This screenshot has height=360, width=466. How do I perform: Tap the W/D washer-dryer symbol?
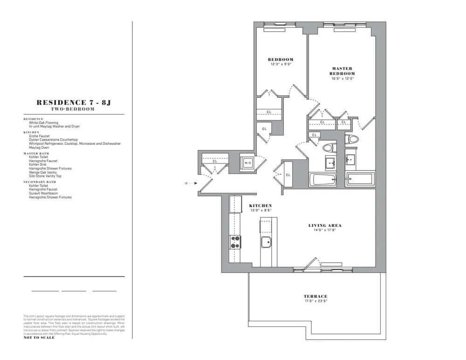(x=248, y=163)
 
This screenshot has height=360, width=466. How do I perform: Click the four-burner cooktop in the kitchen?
(x=235, y=242)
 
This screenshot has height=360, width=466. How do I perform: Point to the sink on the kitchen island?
(x=267, y=243)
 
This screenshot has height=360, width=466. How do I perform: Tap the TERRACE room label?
(x=315, y=296)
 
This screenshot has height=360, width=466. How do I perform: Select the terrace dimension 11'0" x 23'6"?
(x=315, y=301)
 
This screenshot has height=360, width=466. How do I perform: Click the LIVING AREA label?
(x=325, y=225)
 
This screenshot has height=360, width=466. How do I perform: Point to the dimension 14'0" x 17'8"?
(x=325, y=230)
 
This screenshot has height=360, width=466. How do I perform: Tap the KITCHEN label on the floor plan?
(x=260, y=205)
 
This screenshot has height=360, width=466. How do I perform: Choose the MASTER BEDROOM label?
(x=342, y=71)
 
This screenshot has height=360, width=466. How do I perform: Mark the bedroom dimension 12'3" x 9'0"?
(x=280, y=64)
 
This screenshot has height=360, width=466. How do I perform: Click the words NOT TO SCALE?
(x=39, y=338)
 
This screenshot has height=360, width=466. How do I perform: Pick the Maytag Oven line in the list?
(x=39, y=147)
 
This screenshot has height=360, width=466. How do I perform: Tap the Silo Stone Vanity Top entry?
(x=45, y=176)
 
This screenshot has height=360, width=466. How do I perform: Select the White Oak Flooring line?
(x=43, y=123)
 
